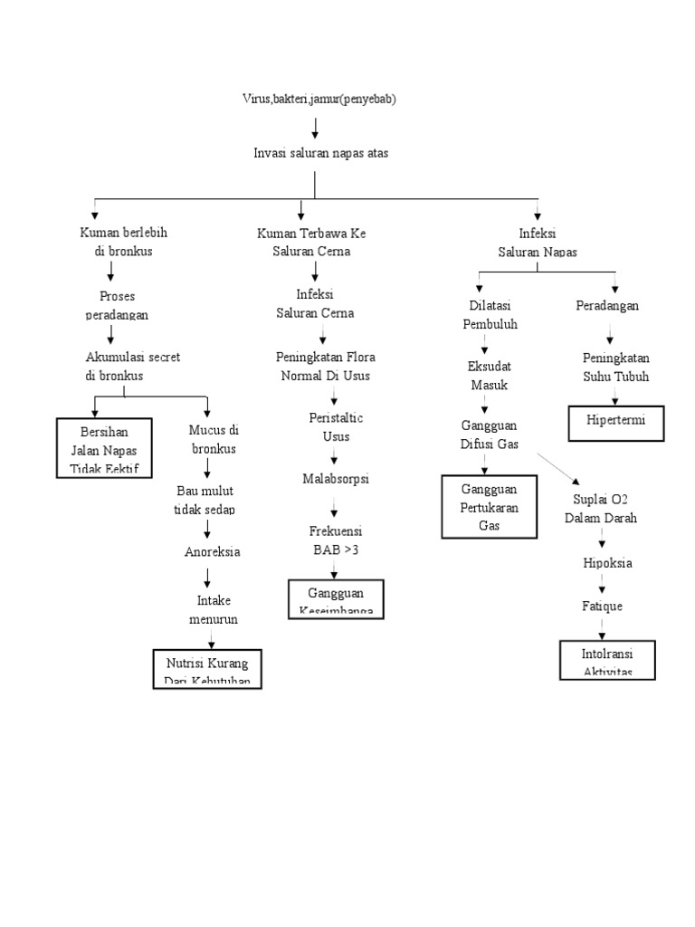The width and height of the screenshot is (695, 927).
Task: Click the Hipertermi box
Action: (x=616, y=423)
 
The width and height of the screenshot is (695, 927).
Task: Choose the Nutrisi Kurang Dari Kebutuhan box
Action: (x=207, y=669)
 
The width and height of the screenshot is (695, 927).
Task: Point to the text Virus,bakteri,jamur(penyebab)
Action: (x=313, y=100)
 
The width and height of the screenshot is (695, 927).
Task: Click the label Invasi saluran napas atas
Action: (x=320, y=153)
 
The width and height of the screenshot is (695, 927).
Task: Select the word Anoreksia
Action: (x=213, y=551)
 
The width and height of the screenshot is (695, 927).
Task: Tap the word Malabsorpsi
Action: (x=336, y=477)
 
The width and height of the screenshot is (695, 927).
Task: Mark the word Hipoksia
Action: (x=607, y=562)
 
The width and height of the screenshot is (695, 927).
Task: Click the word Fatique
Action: (x=602, y=606)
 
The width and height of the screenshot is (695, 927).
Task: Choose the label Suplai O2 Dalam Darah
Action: (x=601, y=509)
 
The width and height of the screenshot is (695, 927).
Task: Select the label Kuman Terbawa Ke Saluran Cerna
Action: (x=311, y=242)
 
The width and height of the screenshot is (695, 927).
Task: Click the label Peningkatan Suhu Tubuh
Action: (x=615, y=367)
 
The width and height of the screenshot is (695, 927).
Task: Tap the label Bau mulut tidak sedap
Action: (x=205, y=500)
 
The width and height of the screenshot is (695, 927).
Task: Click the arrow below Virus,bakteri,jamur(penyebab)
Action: (x=315, y=127)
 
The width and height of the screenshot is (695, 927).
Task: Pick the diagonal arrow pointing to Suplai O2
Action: (x=557, y=469)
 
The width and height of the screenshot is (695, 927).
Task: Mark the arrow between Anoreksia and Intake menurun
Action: (x=210, y=575)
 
